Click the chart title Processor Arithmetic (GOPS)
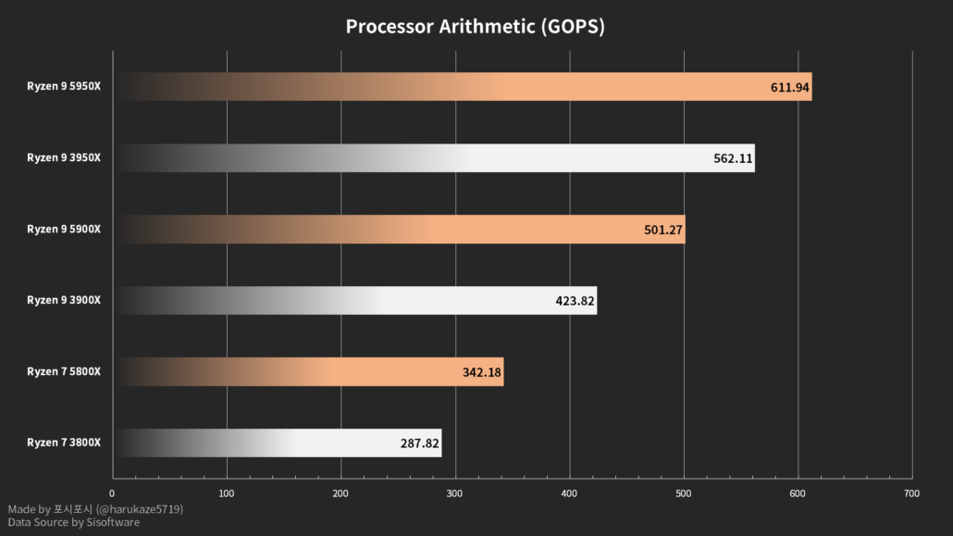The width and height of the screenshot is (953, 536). [475, 26]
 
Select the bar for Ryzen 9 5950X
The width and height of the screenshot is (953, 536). [463, 87]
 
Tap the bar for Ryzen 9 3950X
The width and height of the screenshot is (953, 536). [435, 158]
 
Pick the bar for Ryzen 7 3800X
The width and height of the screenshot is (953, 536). [278, 443]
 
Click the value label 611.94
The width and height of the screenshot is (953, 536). [789, 88]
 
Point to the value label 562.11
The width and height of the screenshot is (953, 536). [732, 158]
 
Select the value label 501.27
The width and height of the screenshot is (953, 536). [663, 230]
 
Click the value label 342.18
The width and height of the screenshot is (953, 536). [481, 372]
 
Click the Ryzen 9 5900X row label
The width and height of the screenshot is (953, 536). [64, 230]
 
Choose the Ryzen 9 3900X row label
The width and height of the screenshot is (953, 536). [64, 300]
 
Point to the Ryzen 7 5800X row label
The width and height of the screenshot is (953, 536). [64, 371]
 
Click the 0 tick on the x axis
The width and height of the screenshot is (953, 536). [112, 494]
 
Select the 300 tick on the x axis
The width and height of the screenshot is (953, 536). [455, 494]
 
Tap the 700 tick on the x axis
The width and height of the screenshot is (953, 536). [911, 494]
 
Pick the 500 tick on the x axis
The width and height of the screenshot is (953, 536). [684, 494]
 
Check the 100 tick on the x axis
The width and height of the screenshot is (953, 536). [227, 494]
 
